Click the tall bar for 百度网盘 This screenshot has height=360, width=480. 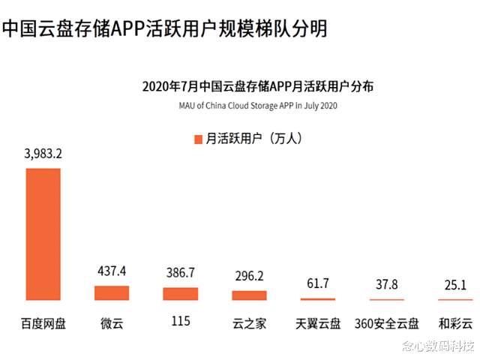43,235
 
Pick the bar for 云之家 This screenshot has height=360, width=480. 249,295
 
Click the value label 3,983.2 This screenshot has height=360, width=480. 43,154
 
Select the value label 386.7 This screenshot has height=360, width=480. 180,273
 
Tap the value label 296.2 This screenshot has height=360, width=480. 249,276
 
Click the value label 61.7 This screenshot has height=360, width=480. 318,283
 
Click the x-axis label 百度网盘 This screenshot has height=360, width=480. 43,325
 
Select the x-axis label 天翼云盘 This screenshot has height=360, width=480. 318,325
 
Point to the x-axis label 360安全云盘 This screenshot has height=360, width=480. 387,325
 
